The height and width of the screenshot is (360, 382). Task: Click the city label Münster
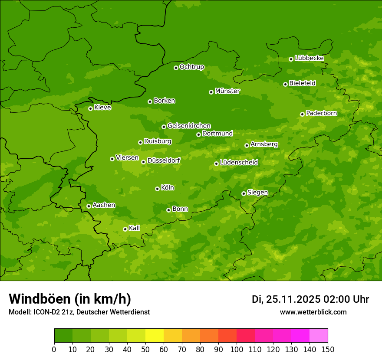point(227,91)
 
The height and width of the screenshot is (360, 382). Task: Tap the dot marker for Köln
point(157,189)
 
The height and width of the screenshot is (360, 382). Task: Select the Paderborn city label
point(322,113)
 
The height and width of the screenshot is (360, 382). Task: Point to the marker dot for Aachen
point(89,206)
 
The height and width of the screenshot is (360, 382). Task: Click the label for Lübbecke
point(309,58)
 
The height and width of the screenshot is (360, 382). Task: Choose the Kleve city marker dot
point(90,108)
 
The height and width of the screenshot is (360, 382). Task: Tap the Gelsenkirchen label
point(189,126)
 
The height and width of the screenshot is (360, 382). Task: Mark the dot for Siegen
point(244,193)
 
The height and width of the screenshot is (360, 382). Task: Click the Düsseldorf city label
point(164,160)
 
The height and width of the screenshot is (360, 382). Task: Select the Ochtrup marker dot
point(176,68)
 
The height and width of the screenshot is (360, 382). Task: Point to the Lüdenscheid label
point(239,163)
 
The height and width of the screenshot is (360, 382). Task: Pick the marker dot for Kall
point(125,229)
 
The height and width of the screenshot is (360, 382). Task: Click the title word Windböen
point(40,299)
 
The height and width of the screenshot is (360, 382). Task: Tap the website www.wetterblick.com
point(313,312)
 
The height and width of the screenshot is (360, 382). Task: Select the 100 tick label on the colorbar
point(237,350)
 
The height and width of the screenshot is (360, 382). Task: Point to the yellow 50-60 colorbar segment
point(155,336)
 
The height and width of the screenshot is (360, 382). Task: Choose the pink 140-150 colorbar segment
point(319,336)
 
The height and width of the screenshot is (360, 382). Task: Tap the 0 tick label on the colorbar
point(54,350)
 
